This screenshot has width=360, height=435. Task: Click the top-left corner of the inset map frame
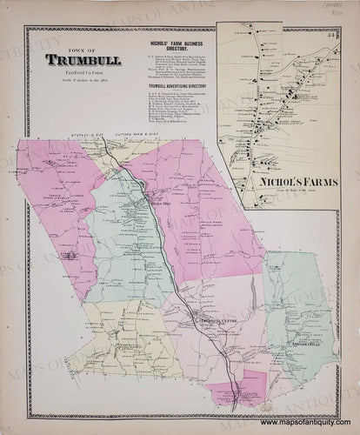[219, 30]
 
